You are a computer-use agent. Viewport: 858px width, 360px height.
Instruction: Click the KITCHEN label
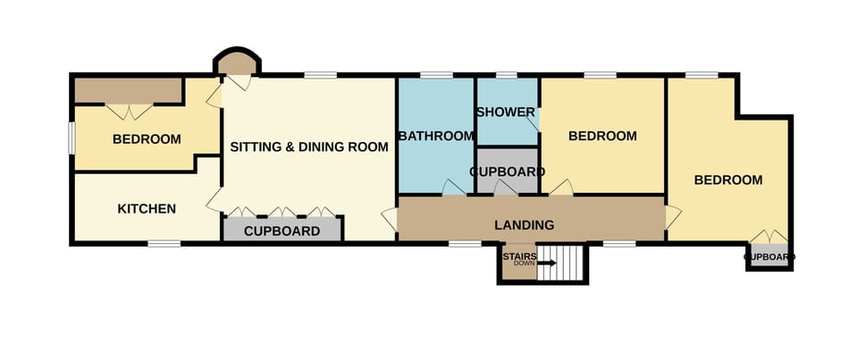(x=147, y=209)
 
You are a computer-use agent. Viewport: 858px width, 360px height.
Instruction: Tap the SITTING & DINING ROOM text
(x=309, y=147)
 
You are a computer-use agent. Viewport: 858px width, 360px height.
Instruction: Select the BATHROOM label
(x=435, y=137)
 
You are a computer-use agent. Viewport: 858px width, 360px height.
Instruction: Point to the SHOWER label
(x=505, y=112)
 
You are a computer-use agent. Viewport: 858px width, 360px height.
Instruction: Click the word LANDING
(x=525, y=225)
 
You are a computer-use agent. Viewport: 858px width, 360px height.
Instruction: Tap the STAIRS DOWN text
(x=518, y=259)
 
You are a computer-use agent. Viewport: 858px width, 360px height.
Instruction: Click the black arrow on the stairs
(x=547, y=263)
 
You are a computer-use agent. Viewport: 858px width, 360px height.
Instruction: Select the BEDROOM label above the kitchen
(x=147, y=139)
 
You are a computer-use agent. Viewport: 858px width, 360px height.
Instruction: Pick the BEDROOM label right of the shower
(x=602, y=136)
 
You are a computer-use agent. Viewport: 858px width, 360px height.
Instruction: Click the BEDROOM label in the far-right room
(x=728, y=180)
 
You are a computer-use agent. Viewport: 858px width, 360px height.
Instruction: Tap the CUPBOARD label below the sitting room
(x=282, y=230)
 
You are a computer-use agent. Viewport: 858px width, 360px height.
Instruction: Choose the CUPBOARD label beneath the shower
(x=507, y=172)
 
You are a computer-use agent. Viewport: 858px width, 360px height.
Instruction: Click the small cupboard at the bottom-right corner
(x=769, y=257)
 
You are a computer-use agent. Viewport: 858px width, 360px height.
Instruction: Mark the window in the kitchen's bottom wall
(x=164, y=243)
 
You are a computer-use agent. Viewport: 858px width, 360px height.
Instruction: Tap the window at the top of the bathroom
(x=435, y=75)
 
